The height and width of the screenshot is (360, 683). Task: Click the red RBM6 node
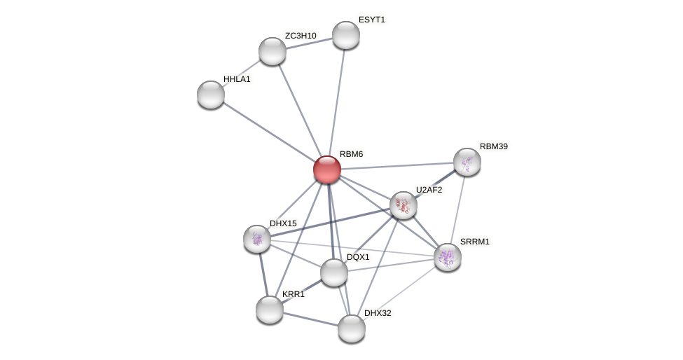point(327,169)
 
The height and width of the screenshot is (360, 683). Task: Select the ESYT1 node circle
point(346,35)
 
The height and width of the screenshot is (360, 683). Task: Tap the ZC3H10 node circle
point(272,51)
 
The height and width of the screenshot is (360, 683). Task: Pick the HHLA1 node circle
point(211,95)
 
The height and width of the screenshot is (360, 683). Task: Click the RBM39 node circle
point(467,162)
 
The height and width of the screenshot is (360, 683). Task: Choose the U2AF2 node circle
point(403,205)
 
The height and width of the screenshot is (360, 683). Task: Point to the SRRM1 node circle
point(448,257)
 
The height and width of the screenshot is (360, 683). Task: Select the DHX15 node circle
point(257,239)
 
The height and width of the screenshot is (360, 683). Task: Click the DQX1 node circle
point(334,272)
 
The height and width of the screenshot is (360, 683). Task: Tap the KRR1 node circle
point(270,310)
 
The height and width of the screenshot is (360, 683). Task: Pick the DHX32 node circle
point(352,328)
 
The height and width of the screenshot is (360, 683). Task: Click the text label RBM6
point(352,154)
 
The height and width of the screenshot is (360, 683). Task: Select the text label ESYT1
point(372,20)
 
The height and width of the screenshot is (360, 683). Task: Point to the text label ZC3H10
point(301,36)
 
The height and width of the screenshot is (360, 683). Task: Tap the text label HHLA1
point(237,79)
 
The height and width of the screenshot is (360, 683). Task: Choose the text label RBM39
point(494,146)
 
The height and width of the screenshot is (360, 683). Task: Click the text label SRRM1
point(474,242)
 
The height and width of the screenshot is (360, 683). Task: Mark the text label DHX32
point(378,313)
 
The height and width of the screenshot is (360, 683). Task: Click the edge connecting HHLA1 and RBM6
point(269,132)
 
